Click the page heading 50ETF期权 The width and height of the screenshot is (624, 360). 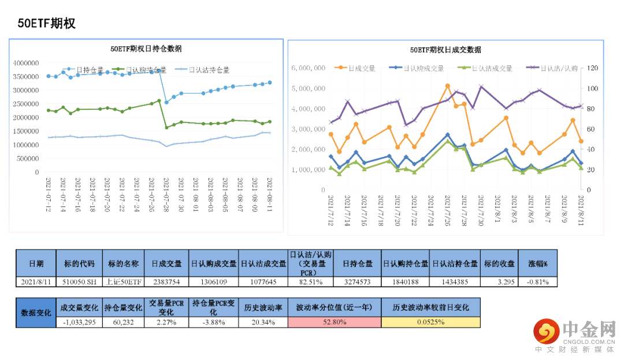[x=47, y=24]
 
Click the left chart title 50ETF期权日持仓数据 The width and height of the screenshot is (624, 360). [x=146, y=49]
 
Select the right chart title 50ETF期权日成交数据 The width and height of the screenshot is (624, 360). [x=445, y=50]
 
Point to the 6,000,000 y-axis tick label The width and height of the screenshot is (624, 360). [x=309, y=68]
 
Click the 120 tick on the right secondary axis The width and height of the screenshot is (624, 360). [x=593, y=68]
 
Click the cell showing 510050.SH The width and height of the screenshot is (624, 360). [x=79, y=282]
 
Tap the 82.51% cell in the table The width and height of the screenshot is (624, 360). [x=311, y=282]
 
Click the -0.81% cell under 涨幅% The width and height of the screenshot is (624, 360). [x=538, y=282]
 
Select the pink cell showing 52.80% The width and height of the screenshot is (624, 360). [x=335, y=322]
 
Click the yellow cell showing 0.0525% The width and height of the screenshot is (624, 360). [x=430, y=322]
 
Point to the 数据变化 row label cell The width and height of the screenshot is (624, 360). [x=35, y=312]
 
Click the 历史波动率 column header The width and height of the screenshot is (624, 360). [x=262, y=307]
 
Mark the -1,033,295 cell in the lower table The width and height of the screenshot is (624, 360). [x=79, y=322]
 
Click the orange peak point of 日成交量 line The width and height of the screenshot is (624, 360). [x=447, y=86]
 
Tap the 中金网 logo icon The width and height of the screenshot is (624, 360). [x=545, y=332]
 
